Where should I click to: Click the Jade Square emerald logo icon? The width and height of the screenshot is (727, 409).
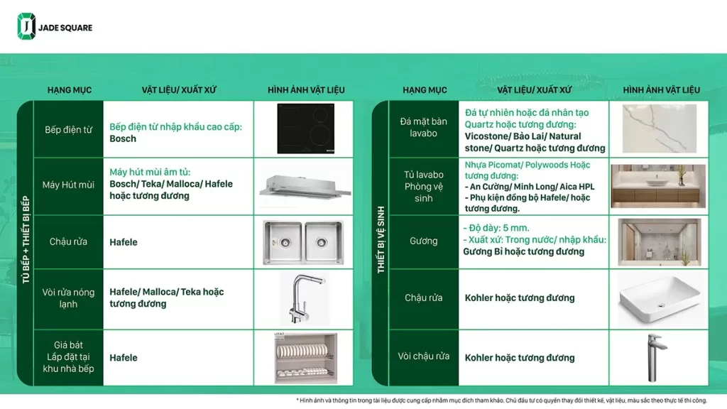pyautogui.click(x=26, y=26)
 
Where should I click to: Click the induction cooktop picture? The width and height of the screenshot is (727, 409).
pyautogui.click(x=305, y=129)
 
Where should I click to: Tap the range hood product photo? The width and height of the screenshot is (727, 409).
pyautogui.click(x=305, y=187)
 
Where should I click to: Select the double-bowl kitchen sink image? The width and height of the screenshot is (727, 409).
pyautogui.click(x=303, y=242)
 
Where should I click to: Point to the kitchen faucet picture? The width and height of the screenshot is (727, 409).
pyautogui.click(x=305, y=299)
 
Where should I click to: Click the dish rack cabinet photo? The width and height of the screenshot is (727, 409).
pyautogui.click(x=305, y=358)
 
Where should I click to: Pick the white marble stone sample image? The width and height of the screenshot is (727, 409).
pyautogui.click(x=660, y=129)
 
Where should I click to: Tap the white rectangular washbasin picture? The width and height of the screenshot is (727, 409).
pyautogui.click(x=660, y=299)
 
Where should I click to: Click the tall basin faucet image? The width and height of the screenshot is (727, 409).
pyautogui.click(x=655, y=358)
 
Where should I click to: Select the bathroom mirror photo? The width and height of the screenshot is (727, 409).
pyautogui.click(x=660, y=242)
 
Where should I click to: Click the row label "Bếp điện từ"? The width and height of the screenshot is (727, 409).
pyautogui.click(x=69, y=130)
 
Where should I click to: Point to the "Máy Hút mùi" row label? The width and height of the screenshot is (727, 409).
pyautogui.click(x=68, y=185)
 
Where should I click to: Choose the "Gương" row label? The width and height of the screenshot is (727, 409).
pyautogui.click(x=423, y=241)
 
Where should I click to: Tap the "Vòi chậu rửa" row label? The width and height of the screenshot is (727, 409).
pyautogui.click(x=423, y=356)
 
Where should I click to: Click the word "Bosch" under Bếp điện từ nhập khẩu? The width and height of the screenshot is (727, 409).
pyautogui.click(x=123, y=138)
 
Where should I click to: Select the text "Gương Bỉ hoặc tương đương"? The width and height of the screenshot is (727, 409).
pyautogui.click(x=523, y=252)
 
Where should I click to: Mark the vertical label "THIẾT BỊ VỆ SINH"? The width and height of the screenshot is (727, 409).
pyautogui.click(x=381, y=240)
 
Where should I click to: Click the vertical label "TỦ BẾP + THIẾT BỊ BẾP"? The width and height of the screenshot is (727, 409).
pyautogui.click(x=26, y=239)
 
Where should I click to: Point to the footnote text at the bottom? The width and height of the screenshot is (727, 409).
pyautogui.click(x=502, y=400)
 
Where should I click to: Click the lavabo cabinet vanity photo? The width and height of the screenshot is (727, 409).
pyautogui.click(x=658, y=186)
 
